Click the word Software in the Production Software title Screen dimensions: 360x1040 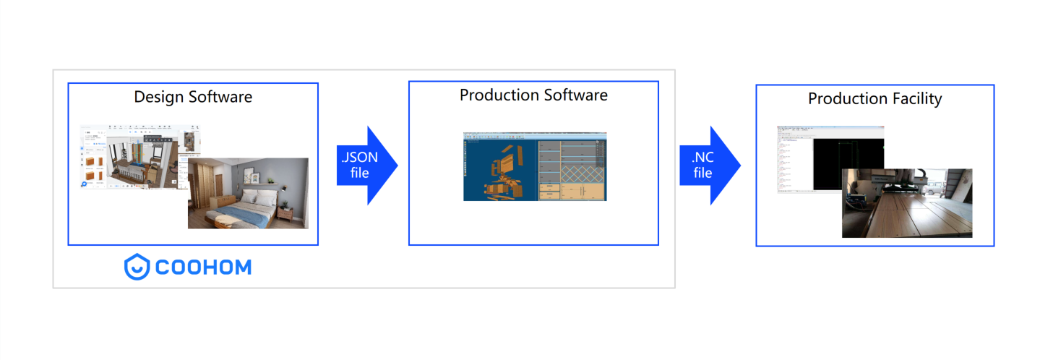pyautogui.click(x=576, y=95)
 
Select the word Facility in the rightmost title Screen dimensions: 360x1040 pyautogui.click(x=916, y=98)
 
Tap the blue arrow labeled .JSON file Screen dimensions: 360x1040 pyautogui.click(x=366, y=166)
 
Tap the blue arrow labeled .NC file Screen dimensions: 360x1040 pyautogui.click(x=708, y=166)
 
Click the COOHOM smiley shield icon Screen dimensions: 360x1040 pyautogui.click(x=137, y=267)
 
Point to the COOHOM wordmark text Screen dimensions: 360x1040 pyautogui.click(x=203, y=267)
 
